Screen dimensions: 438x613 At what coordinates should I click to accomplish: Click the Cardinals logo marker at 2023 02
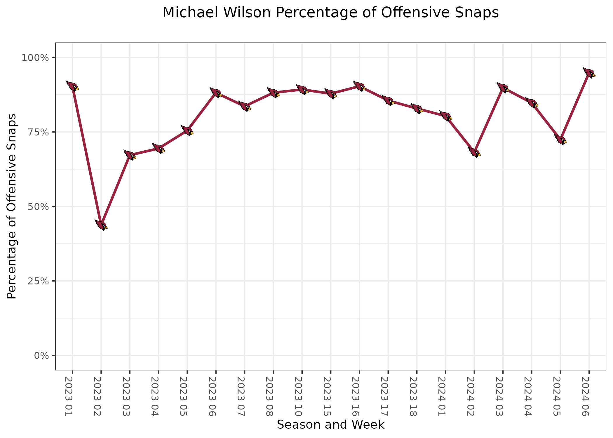coord(101,225)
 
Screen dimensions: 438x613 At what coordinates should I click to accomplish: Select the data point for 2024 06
coord(589,73)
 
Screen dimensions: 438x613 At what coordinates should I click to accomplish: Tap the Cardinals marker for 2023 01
coord(72,86)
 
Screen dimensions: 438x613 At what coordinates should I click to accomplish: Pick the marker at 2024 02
coord(474,152)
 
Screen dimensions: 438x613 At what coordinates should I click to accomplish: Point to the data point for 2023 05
coord(187,131)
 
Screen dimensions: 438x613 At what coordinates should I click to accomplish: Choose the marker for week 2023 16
coord(359,86)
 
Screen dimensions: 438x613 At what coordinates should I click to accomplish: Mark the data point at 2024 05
coord(560,140)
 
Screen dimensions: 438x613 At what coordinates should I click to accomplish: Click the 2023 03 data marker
coord(130,155)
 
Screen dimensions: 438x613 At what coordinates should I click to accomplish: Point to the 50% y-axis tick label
coord(37,207)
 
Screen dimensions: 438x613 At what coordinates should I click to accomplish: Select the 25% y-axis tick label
coord(37,281)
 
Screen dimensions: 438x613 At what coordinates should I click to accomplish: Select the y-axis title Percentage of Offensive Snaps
coord(12,206)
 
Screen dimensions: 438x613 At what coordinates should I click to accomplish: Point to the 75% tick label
coord(37,132)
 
